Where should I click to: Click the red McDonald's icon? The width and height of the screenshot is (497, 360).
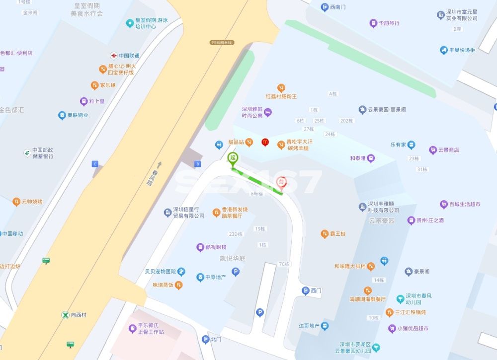(265, 143)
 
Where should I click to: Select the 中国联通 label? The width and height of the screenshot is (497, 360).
(129, 56)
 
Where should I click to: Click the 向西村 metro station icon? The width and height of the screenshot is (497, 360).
(65, 315)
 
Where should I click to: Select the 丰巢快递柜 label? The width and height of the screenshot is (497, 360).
(462, 50)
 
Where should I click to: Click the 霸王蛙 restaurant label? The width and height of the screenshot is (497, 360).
(337, 234)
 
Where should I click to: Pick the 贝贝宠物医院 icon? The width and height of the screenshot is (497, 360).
(181, 272)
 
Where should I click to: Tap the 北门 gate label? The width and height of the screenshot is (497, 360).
(216, 340)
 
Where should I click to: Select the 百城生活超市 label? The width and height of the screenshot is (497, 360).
(466, 205)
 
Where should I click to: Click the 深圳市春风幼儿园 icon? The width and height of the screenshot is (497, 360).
(401, 298)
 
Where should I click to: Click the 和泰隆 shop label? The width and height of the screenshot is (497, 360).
(357, 158)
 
